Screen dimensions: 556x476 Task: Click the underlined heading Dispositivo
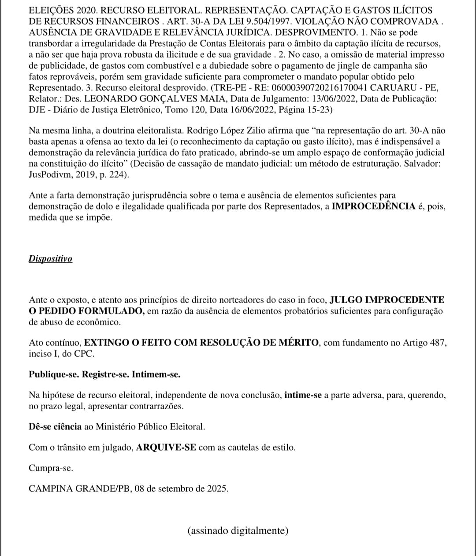(50, 259)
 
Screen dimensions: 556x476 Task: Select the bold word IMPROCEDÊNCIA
(373, 206)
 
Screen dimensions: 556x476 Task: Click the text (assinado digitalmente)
(238, 530)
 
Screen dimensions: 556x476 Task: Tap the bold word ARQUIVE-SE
(167, 448)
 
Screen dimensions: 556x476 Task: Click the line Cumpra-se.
(51, 468)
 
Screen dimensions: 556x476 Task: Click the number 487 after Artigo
(437, 343)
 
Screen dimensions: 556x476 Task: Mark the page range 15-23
(312, 110)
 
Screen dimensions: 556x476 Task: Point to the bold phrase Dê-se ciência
(55, 426)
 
